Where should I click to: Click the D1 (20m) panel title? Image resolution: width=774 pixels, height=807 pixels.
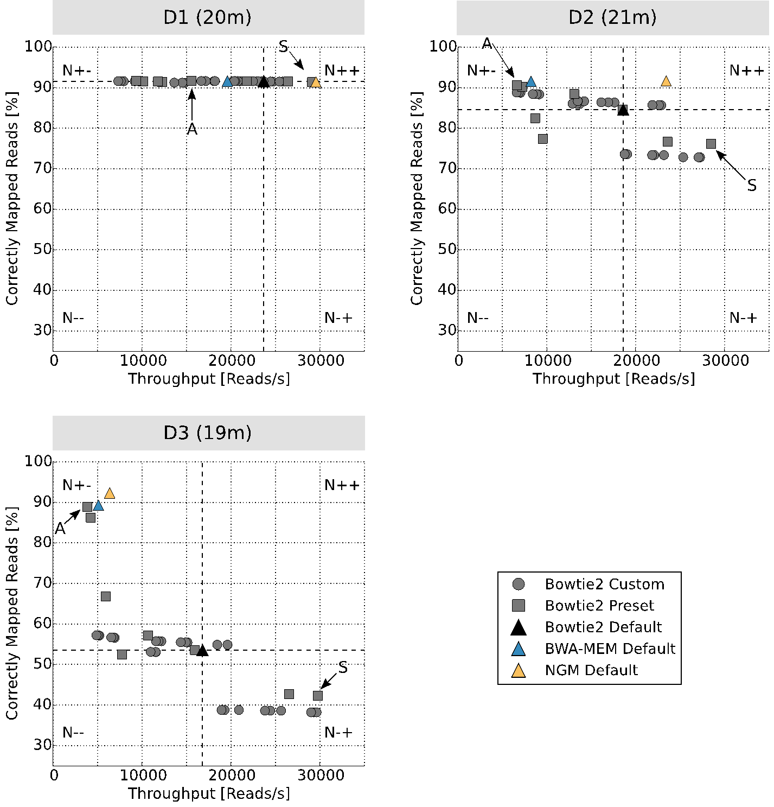click(208, 17)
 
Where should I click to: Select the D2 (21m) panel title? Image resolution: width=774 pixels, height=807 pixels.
click(612, 17)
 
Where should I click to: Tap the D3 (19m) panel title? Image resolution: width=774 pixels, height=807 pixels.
click(208, 433)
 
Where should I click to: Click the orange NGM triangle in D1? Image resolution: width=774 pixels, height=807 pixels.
click(316, 82)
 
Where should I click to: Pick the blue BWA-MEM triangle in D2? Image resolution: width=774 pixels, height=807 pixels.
click(530, 82)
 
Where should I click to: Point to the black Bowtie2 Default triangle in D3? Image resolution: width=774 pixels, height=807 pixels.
click(202, 650)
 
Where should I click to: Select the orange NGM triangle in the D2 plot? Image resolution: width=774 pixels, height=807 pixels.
click(666, 81)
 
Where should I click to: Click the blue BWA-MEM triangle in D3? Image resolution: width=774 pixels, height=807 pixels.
click(98, 506)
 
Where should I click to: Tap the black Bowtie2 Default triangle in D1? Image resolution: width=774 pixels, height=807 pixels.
click(264, 82)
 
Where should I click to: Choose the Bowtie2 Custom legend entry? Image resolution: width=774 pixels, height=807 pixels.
click(604, 584)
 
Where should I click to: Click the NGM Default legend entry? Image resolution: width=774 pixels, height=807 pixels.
click(591, 670)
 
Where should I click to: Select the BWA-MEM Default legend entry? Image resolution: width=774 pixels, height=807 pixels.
click(610, 649)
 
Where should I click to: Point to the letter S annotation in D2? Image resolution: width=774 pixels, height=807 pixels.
click(751, 186)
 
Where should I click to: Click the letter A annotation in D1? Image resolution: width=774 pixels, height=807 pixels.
click(192, 129)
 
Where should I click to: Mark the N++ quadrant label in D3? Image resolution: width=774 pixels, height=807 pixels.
click(342, 485)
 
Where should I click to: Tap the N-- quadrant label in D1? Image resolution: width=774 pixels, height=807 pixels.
click(73, 317)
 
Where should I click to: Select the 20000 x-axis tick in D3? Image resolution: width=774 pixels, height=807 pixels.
click(231, 775)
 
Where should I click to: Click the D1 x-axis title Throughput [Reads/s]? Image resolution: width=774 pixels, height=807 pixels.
click(209, 378)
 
